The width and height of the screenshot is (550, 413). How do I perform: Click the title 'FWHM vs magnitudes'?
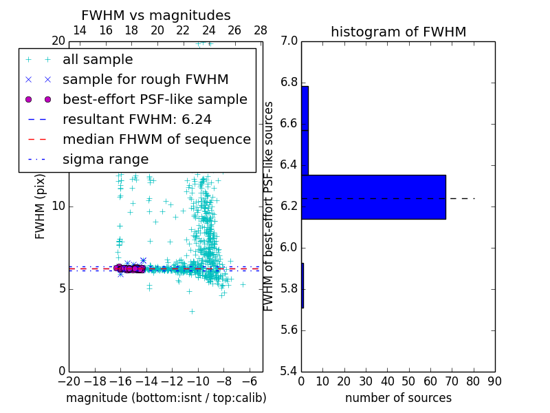click(156, 15)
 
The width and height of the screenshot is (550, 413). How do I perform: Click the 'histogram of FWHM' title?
click(398, 32)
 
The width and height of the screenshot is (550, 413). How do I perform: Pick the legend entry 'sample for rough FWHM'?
click(145, 80)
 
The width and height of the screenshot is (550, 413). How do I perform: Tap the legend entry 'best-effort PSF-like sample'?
click(155, 99)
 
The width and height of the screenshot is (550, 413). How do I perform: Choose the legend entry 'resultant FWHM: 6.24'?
click(137, 119)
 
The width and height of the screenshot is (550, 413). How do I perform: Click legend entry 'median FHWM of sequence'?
click(156, 139)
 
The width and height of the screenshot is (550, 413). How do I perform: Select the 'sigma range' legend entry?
click(105, 159)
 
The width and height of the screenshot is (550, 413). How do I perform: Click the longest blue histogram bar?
click(373, 197)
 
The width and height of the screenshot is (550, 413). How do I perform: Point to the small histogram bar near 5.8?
click(302, 285)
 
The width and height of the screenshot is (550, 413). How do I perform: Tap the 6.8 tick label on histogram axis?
click(288, 83)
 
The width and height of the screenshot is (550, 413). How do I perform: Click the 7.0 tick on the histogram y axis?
click(288, 41)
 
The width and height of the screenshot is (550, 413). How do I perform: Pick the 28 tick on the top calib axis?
click(261, 30)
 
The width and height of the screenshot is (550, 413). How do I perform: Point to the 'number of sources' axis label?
click(398, 398)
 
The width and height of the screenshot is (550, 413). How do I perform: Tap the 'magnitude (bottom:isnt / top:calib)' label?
click(166, 398)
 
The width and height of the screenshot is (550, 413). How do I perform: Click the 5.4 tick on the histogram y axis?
click(288, 371)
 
